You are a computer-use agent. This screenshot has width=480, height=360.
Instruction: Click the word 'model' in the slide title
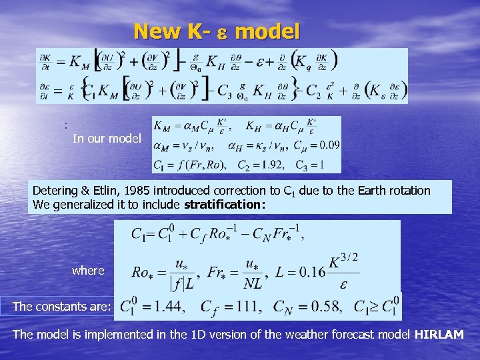(x=267, y=31)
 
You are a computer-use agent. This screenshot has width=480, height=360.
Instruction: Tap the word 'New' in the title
(x=157, y=31)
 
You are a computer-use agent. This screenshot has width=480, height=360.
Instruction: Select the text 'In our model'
(x=107, y=139)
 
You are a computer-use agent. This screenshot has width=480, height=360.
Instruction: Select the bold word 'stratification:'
(x=229, y=204)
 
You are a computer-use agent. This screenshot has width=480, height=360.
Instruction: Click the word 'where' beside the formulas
(x=88, y=270)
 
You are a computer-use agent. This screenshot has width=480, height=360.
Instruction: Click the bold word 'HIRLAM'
(x=439, y=334)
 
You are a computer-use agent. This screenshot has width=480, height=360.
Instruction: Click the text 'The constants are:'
(x=61, y=307)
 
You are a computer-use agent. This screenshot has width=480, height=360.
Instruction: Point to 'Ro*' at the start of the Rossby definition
(x=141, y=271)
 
